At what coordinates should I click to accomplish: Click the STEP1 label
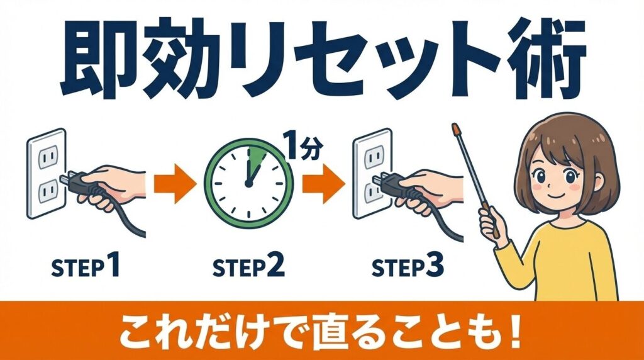tap(85, 269)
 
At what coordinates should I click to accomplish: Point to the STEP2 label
tap(248, 269)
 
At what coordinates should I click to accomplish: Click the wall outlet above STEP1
tap(47, 172)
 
